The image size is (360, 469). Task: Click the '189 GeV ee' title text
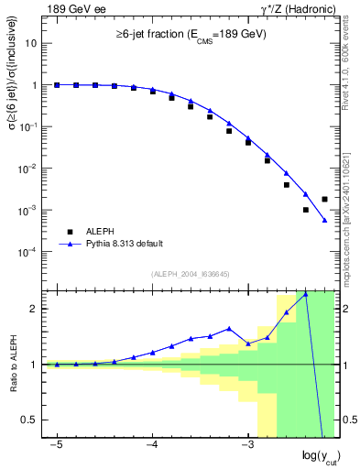pyautogui.click(x=77, y=9)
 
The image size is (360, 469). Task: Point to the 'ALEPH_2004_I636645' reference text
pyautogui.click(x=190, y=274)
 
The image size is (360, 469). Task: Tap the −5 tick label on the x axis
pyautogui.click(x=56, y=443)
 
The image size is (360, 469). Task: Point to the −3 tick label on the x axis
pyautogui.click(x=246, y=443)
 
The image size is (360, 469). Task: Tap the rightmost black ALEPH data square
pyautogui.click(x=325, y=199)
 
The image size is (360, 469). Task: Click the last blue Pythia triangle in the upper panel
pyautogui.click(x=325, y=220)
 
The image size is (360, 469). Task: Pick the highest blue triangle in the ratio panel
pyautogui.click(x=306, y=294)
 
